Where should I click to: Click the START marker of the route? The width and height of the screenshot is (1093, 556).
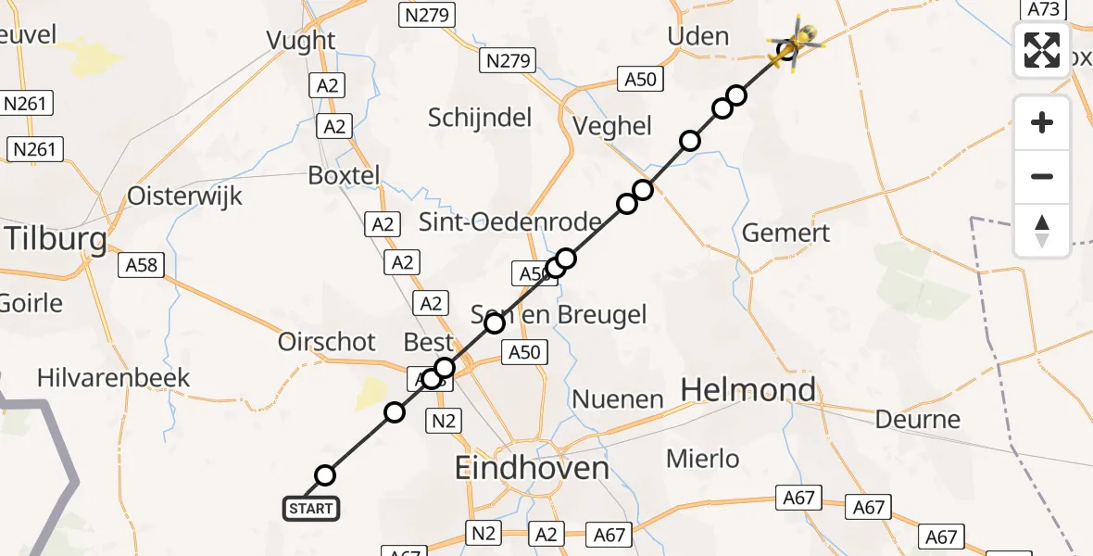tap(310, 509)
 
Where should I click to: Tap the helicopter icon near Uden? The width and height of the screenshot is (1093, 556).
tap(795, 43)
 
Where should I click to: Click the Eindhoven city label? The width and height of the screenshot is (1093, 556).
tap(532, 468)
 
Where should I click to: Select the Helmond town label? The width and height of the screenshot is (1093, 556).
tap(748, 390)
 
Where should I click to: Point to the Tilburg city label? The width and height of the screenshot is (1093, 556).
tap(56, 238)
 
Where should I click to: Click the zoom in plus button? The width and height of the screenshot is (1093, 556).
tap(1042, 122)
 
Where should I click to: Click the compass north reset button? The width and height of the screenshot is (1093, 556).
tap(1042, 231)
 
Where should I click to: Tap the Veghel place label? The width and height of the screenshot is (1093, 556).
tap(613, 126)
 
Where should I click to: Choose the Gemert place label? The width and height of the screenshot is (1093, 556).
tap(786, 233)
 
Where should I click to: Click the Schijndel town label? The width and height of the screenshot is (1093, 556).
tap(480, 118)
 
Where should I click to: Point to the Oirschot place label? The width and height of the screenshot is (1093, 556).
tap(327, 342)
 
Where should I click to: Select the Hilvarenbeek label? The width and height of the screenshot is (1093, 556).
tap(113, 378)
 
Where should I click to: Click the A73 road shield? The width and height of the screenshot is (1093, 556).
tap(1043, 8)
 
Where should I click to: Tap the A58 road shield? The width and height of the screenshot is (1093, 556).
tap(141, 266)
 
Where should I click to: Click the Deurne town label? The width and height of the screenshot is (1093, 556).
tap(918, 419)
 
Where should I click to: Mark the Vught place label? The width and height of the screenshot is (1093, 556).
tap(300, 41)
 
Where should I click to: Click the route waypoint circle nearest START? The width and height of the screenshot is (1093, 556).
tap(325, 475)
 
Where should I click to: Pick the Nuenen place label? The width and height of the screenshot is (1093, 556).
tap(618, 400)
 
